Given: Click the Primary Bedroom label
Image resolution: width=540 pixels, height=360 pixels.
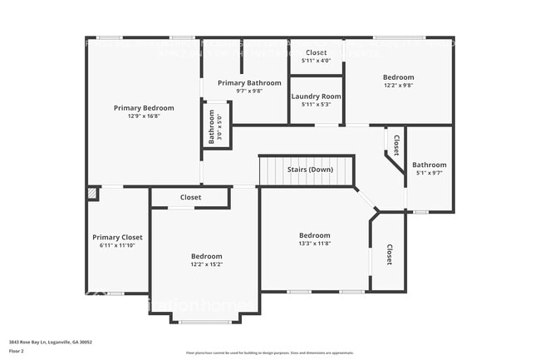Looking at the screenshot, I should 144,108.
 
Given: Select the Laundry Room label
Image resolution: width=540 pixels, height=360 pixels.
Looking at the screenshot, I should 316,96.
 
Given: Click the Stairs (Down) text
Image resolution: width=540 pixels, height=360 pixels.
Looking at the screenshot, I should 309,170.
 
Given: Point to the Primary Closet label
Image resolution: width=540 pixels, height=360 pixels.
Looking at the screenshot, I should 117,237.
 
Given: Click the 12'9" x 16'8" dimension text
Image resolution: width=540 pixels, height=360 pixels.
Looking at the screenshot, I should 144,116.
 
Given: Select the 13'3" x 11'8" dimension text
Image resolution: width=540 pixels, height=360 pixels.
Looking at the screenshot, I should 315,244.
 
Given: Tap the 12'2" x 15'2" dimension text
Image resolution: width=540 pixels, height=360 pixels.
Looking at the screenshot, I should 206,264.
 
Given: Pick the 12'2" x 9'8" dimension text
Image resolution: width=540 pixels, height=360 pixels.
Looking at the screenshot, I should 399,86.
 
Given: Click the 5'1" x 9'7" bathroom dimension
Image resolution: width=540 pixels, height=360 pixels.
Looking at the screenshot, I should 430,173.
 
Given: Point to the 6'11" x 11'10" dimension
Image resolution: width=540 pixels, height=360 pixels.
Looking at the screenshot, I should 117,245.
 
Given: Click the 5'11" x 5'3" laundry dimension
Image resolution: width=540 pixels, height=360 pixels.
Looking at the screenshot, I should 316,105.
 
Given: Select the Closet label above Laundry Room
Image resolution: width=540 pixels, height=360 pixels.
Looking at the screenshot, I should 316,52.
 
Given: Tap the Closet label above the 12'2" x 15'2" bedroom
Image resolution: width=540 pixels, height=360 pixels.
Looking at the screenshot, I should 190,198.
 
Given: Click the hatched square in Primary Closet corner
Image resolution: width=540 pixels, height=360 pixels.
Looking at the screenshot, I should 92,194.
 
